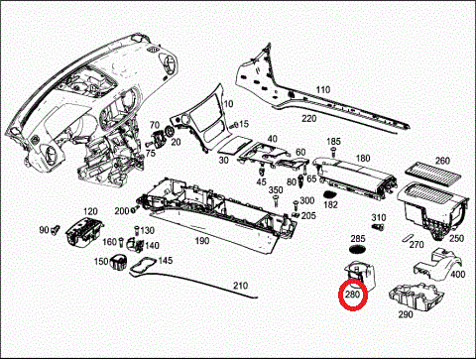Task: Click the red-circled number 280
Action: pyautogui.click(x=353, y=296)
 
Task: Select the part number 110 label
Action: pyautogui.click(x=322, y=90)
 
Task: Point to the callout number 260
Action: pyautogui.click(x=441, y=160)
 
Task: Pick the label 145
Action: pyautogui.click(x=166, y=260)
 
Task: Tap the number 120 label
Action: pyautogui.click(x=90, y=212)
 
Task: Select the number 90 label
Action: pyautogui.click(x=44, y=230)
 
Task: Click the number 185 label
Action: pyautogui.click(x=333, y=142)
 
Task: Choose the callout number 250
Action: pyautogui.click(x=456, y=239)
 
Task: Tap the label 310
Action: pyautogui.click(x=378, y=217)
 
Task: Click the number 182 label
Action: pyautogui.click(x=331, y=204)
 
